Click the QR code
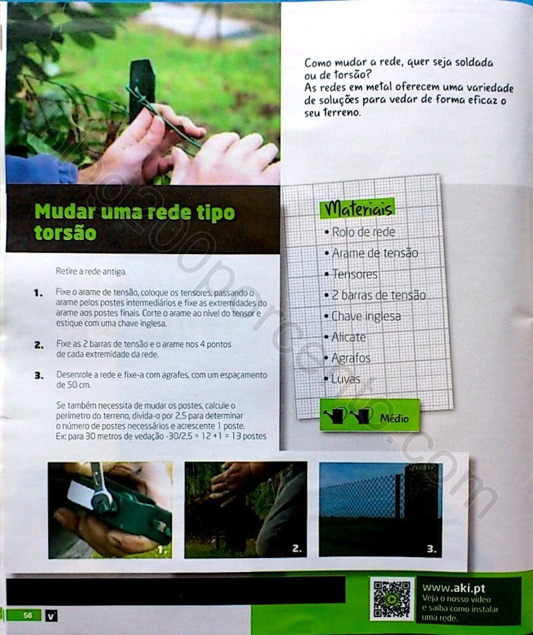(x=391, y=599)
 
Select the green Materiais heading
(x=357, y=208)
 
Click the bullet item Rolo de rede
(x=360, y=232)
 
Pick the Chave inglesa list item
(x=362, y=316)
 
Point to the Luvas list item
(x=343, y=380)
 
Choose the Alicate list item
(x=345, y=337)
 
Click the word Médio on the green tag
(x=394, y=418)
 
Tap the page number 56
(x=28, y=616)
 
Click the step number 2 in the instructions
(x=39, y=345)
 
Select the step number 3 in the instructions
(x=39, y=376)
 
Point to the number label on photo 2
(x=297, y=549)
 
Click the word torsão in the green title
(x=65, y=233)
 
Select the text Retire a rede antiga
(x=91, y=271)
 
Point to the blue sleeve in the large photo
(x=40, y=169)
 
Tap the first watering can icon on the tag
(x=335, y=415)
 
